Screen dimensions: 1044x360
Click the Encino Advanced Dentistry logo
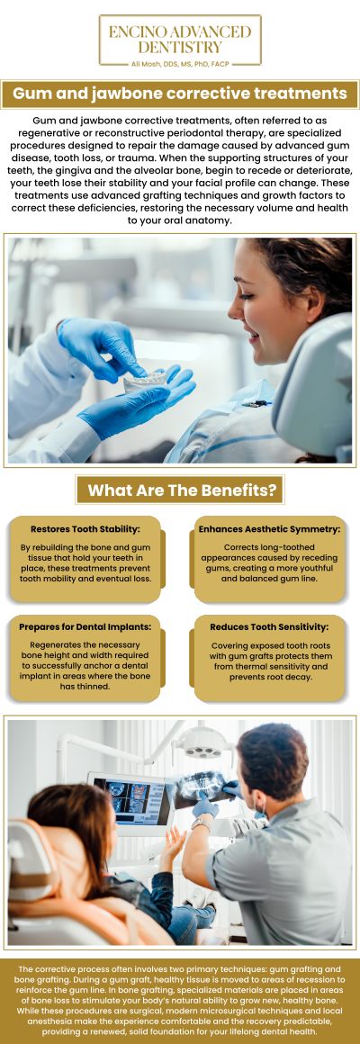(x=180, y=40)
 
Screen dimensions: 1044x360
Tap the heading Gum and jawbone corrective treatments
(x=180, y=94)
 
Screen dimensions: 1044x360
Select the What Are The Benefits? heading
(x=180, y=490)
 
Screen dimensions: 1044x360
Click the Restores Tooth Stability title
(x=86, y=529)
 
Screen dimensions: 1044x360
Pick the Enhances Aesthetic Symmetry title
(x=269, y=529)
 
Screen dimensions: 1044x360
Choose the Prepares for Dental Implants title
(x=86, y=625)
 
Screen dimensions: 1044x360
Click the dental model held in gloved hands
(x=148, y=379)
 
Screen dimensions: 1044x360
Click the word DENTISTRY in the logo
(x=180, y=46)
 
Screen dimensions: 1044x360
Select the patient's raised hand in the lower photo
(x=173, y=842)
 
